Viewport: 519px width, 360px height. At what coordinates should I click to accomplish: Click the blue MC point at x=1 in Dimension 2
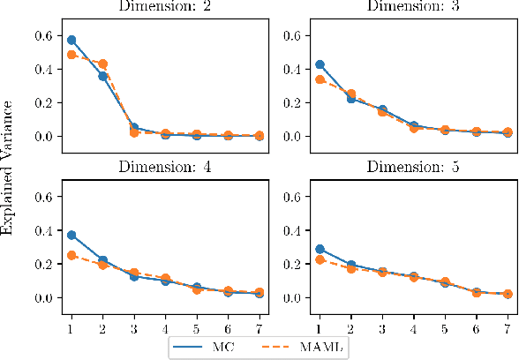(x=71, y=40)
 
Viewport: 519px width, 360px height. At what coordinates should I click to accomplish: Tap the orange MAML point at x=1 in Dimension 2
(x=71, y=55)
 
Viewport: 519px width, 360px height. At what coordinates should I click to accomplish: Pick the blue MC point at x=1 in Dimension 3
(x=320, y=64)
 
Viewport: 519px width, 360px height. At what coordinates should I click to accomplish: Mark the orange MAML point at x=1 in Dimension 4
(x=71, y=256)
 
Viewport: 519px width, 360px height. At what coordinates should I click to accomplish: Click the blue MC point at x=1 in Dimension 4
(x=71, y=236)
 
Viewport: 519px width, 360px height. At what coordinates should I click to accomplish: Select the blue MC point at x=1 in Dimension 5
(x=320, y=250)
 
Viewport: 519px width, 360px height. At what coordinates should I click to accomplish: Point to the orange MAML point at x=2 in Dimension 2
(x=102, y=64)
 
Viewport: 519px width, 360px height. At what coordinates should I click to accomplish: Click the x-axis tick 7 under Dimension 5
(x=507, y=328)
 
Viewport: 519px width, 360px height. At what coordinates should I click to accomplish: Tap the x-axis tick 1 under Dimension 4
(x=71, y=328)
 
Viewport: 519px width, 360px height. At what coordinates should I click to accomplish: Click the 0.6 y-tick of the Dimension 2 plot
(x=41, y=35)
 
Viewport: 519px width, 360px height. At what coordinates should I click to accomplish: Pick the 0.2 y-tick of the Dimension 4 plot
(x=41, y=264)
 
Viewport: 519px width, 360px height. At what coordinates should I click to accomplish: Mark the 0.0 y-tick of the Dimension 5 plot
(x=292, y=297)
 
